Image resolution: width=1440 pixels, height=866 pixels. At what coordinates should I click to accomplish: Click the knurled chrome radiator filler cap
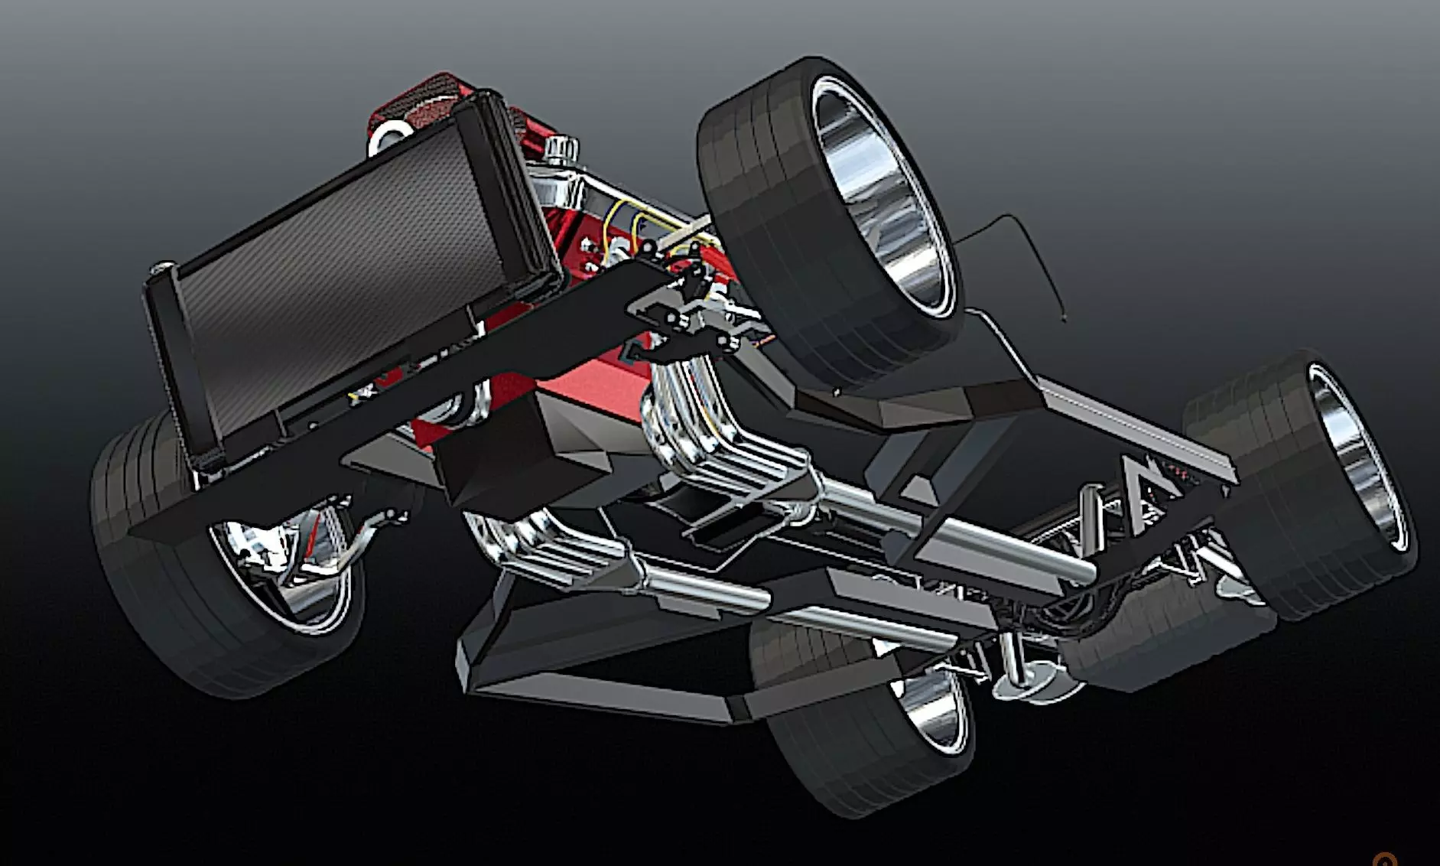pyautogui.click(x=562, y=148)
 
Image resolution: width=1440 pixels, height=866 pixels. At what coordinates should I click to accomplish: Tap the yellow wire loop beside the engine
pyautogui.click(x=612, y=230)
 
